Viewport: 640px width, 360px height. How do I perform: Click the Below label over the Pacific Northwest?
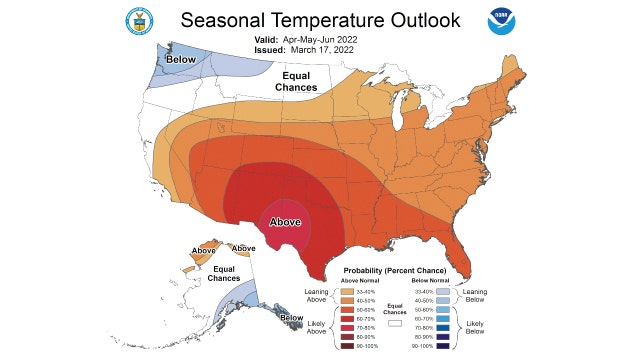[x=180, y=60]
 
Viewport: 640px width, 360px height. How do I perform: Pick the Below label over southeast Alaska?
[x=291, y=318]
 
